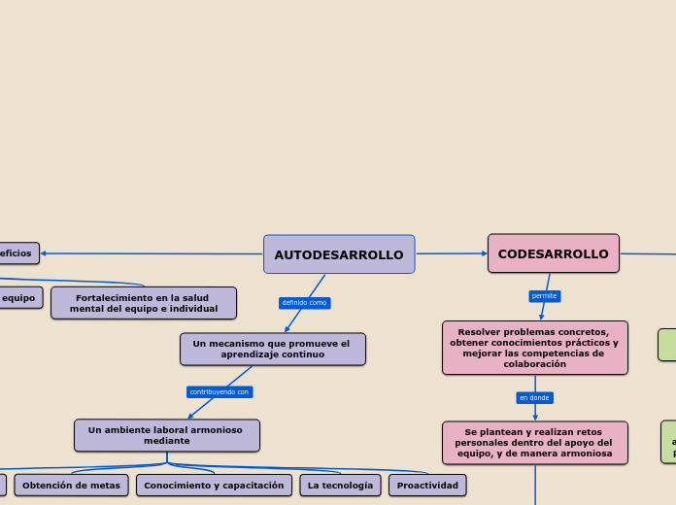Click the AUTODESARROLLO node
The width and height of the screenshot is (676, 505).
coord(339,254)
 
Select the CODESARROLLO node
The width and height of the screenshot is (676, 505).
coord(553,253)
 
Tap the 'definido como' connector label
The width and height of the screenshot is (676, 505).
coord(304,303)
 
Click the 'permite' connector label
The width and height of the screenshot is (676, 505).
coord(544,296)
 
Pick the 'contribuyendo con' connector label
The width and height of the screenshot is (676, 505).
coord(219,392)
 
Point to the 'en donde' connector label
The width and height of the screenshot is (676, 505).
coord(534,398)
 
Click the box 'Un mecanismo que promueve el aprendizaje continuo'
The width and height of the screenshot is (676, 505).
coord(272,349)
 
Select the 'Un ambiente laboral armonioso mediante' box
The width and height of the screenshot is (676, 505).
coord(166,435)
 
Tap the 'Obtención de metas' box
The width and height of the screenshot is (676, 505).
coord(71,485)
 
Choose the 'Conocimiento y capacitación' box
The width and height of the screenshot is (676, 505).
coord(214,485)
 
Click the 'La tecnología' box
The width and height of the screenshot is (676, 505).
coord(340,485)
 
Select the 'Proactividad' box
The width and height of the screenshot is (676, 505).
coord(427,485)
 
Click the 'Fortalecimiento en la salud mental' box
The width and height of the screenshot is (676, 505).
coord(143,303)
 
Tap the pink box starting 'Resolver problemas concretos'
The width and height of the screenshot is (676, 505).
coord(534,348)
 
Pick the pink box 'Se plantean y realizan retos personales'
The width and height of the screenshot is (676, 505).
coord(534,443)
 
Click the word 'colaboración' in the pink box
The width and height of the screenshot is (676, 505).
coord(534,364)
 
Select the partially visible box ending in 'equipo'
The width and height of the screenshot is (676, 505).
coord(19,297)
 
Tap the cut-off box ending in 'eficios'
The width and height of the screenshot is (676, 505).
coord(17,253)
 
